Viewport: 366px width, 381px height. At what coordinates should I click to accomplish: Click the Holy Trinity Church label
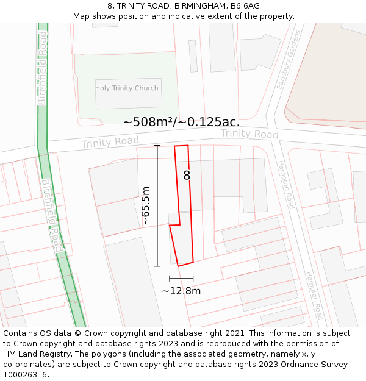126,88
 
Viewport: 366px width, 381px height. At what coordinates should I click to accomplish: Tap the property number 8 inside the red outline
187,176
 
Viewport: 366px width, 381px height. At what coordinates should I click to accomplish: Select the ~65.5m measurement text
146,205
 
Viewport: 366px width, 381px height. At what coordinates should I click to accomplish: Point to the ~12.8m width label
181,291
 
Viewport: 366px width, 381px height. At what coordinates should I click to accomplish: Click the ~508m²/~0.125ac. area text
181,122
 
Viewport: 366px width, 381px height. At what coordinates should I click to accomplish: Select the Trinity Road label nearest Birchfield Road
110,141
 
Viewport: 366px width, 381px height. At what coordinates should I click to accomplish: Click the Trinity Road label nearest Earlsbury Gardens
249,134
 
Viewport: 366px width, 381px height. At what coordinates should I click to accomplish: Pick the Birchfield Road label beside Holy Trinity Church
42,76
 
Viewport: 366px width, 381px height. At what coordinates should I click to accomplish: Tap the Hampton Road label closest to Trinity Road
285,185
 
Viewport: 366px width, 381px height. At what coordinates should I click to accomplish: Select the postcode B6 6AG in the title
243,5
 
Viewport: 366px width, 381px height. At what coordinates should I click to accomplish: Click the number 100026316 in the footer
24,375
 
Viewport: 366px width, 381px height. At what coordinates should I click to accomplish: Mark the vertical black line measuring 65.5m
157,205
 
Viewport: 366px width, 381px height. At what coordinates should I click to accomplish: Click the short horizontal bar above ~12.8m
181,278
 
